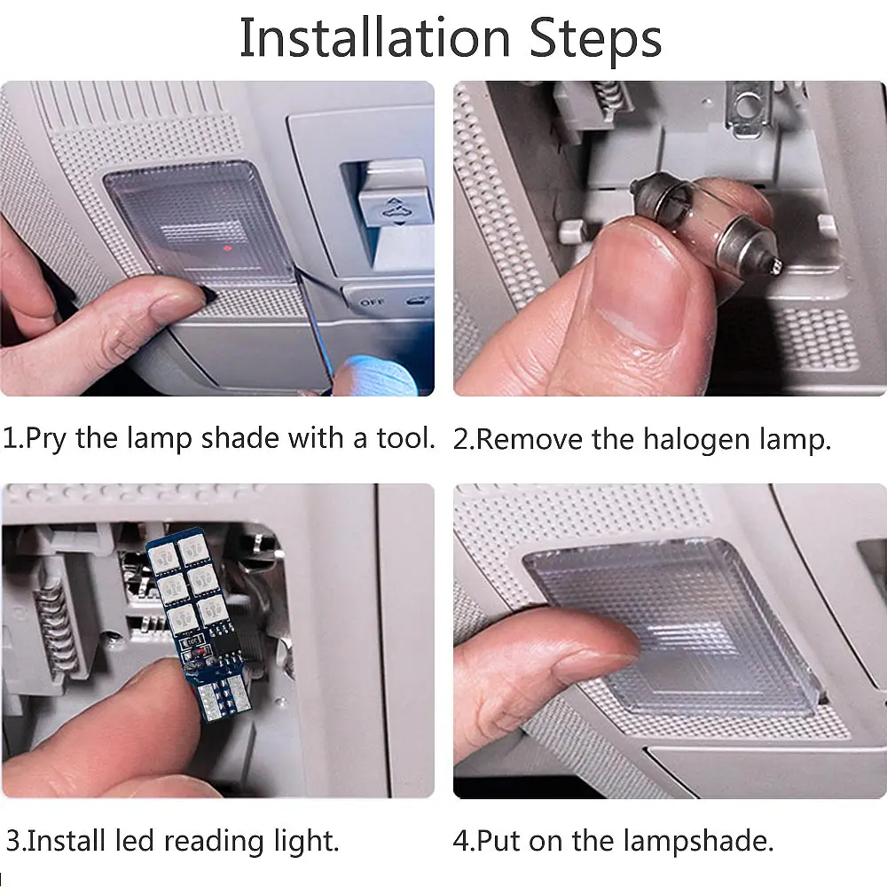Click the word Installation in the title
click(x=374, y=38)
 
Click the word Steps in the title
click(x=595, y=38)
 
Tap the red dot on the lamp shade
click(x=227, y=247)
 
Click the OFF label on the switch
click(x=372, y=302)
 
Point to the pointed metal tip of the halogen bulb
click(x=775, y=265)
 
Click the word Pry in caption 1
click(x=45, y=439)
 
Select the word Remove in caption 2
click(x=529, y=440)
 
